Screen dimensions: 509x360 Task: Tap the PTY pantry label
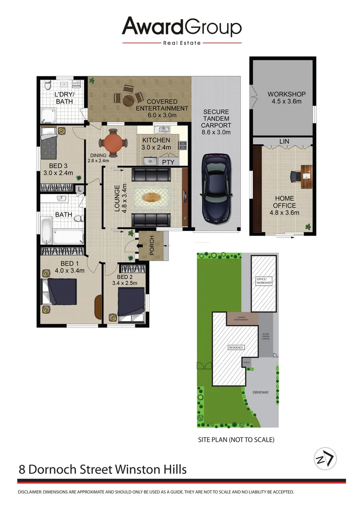(x=168, y=162)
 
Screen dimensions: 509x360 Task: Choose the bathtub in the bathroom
(x=61, y=234)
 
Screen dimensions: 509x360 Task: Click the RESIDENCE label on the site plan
(x=236, y=348)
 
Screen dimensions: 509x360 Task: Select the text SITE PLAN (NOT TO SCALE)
(x=236, y=440)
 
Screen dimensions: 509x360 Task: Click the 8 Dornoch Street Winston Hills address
(x=103, y=469)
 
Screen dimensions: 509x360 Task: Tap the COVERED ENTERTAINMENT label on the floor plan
(x=162, y=105)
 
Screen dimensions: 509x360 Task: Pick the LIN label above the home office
(x=284, y=141)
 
